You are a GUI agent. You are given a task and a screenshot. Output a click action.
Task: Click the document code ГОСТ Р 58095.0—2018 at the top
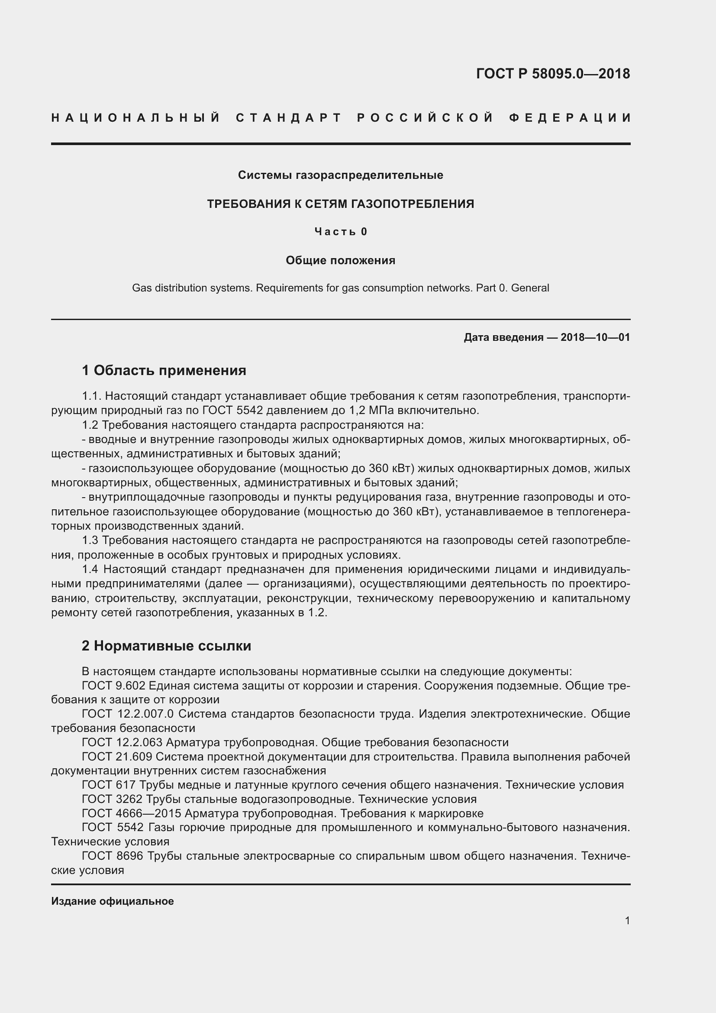click(x=553, y=74)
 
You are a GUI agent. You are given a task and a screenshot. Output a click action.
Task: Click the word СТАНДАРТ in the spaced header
click(x=289, y=118)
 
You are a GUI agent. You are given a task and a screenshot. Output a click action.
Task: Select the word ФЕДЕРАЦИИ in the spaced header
click(x=570, y=118)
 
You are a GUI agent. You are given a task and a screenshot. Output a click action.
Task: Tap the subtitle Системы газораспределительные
click(x=340, y=175)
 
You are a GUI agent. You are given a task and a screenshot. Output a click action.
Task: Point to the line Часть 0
click(x=341, y=232)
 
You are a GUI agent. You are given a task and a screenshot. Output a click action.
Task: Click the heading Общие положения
click(x=340, y=260)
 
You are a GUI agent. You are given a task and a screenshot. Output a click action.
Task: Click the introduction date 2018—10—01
click(x=595, y=337)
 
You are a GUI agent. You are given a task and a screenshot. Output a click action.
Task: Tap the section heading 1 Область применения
click(x=164, y=370)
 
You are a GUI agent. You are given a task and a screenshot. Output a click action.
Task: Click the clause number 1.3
click(x=90, y=540)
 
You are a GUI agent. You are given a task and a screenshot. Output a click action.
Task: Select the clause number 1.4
click(x=90, y=570)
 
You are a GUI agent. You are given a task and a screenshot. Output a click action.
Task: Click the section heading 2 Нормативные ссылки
click(x=166, y=645)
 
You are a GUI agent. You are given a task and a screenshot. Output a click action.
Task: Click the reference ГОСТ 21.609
click(x=117, y=757)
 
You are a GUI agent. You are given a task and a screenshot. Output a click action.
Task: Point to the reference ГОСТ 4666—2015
click(x=132, y=813)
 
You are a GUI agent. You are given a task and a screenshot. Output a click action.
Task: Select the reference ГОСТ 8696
click(x=113, y=856)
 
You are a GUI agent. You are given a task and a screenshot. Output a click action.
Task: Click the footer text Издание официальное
click(x=113, y=901)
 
